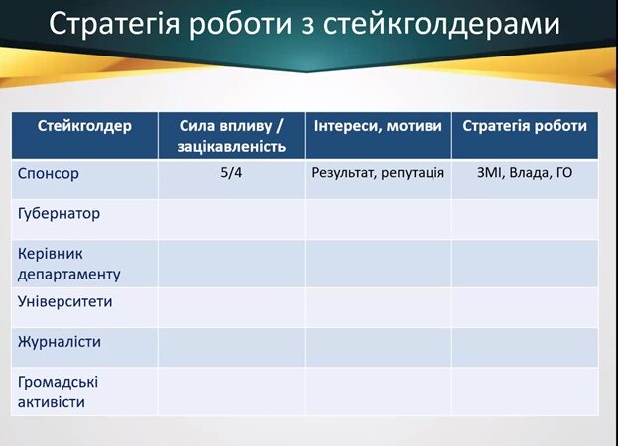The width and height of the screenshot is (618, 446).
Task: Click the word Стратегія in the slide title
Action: pos(114,24)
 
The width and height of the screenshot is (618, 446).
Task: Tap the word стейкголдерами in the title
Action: pos(441,24)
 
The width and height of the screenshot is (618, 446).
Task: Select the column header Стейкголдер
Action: pos(84,126)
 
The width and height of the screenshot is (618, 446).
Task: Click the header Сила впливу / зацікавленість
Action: pos(231,136)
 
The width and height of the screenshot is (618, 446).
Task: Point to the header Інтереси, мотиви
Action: pos(378,126)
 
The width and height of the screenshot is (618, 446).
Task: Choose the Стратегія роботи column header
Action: pos(525,126)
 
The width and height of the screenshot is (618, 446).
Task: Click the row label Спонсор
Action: pos(48,174)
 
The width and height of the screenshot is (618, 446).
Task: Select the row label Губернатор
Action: pos(59,214)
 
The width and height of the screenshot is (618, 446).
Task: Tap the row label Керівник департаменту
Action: pos(69,264)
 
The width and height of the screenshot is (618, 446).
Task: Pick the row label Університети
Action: pos(65,302)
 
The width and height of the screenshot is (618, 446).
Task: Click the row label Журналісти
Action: pos(60,342)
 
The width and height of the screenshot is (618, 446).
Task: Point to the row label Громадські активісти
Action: pos(58,392)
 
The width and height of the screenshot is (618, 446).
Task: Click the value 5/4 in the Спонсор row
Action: pos(231,173)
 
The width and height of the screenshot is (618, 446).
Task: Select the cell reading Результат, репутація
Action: pos(378,173)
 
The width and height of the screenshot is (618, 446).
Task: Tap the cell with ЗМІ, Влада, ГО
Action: pos(525,173)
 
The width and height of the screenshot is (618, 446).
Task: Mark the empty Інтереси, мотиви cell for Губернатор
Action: pos(378,220)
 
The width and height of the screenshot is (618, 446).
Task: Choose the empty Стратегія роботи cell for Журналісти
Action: pos(525,348)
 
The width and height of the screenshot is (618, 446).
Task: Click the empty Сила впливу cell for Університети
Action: pos(231,307)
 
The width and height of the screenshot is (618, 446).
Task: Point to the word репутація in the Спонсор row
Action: pos(413,174)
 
